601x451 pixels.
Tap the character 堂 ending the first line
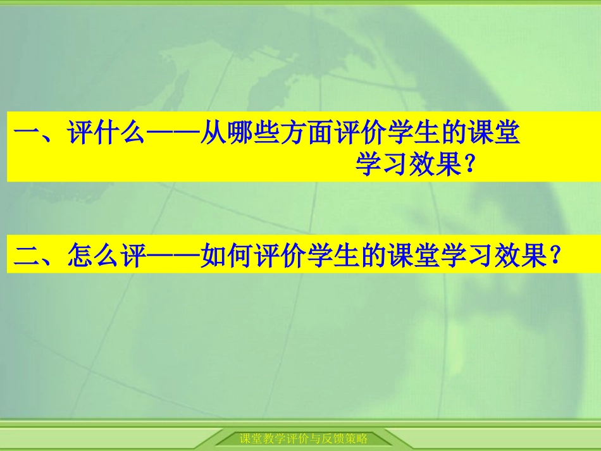click(505, 135)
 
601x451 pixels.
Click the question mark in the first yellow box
click(469, 166)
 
